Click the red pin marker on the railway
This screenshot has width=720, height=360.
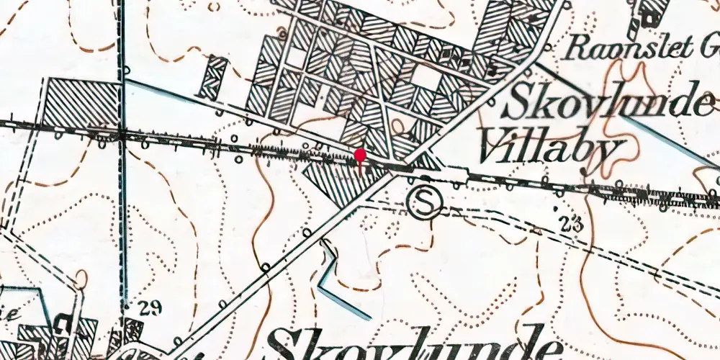(x=360, y=156)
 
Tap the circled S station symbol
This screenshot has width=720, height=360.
(x=423, y=202)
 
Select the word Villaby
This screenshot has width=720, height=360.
(x=549, y=149)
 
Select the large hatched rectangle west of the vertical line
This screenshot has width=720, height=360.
(x=81, y=104)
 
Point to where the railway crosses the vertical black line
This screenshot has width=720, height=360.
(x=122, y=134)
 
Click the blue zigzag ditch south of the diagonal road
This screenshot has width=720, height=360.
(x=335, y=277)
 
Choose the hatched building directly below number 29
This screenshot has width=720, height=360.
(x=133, y=330)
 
